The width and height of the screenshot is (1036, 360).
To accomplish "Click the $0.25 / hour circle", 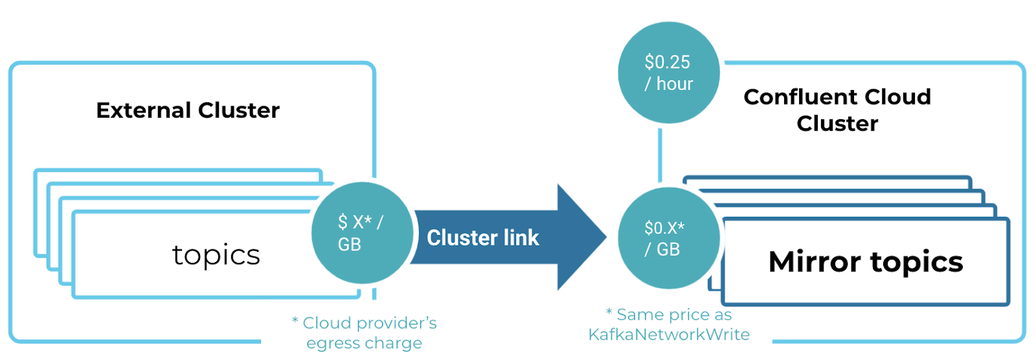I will tap(668, 73).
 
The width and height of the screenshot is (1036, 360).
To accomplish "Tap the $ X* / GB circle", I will tap(362, 234).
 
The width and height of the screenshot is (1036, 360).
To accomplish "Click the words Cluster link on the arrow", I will tap(482, 238).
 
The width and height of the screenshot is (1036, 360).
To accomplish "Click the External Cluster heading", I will tap(188, 110).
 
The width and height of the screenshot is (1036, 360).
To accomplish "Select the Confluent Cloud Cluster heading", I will tap(837, 110).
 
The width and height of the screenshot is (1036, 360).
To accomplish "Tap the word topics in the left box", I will tap(216, 255).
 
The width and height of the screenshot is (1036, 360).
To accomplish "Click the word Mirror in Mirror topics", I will tap(815, 262).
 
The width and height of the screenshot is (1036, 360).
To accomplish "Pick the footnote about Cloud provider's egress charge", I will tap(365, 333).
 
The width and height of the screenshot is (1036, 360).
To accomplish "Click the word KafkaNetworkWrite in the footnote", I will tap(669, 335).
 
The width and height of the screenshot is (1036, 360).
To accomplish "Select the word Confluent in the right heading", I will tap(801, 97).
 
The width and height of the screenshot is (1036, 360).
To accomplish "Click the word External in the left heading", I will tap(144, 110).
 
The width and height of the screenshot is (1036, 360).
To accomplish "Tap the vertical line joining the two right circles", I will tap(660, 155).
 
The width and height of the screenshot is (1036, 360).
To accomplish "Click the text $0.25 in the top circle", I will tap(668, 62).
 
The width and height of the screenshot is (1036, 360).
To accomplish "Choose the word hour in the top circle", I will tap(675, 84).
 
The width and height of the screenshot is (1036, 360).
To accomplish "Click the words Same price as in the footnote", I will tap(674, 315).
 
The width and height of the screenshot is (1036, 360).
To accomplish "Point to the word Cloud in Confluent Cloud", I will tap(899, 97).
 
